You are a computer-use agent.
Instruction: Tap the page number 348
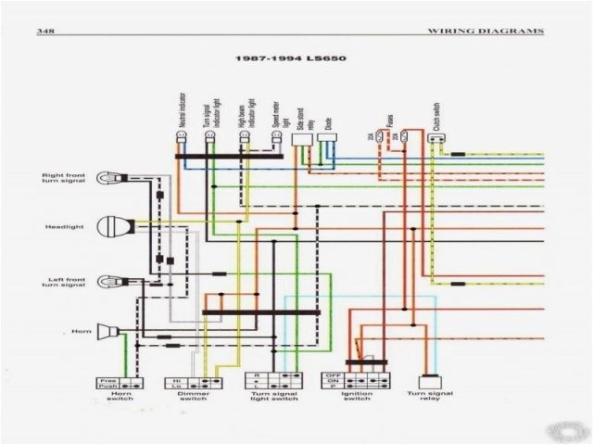(44, 32)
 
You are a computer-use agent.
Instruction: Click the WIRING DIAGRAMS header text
(485, 32)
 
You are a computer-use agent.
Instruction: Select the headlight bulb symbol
(119, 225)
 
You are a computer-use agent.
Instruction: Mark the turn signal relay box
(428, 381)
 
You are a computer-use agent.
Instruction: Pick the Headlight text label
(61, 226)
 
